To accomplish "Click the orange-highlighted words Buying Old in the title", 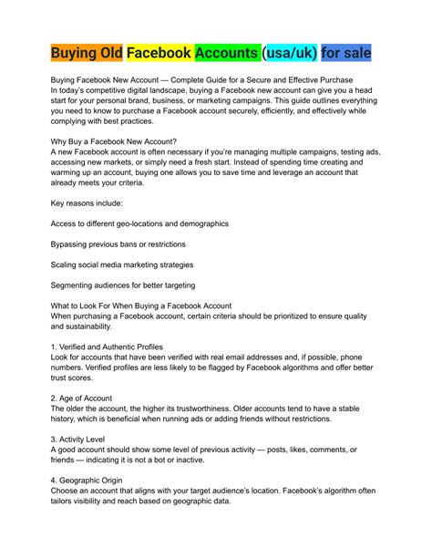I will tap(87, 54).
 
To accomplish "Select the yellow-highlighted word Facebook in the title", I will tap(159, 54).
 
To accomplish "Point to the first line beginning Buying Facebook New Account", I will tap(201, 82).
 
